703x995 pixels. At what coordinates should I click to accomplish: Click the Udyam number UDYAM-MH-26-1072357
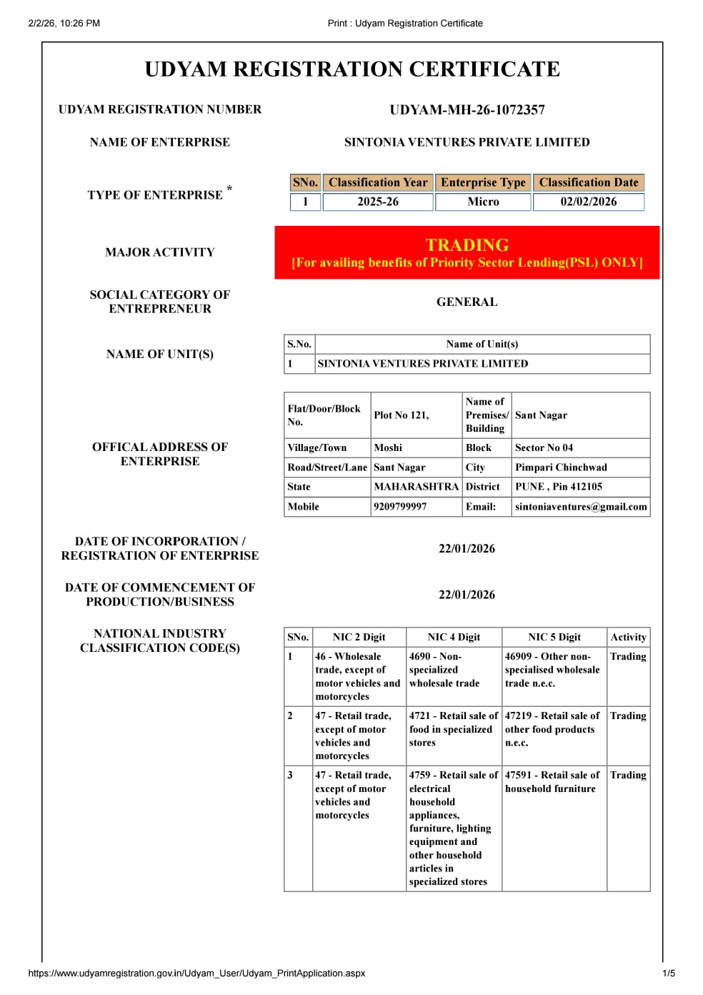tap(467, 110)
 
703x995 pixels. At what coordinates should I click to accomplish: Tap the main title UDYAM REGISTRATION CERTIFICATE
tap(352, 69)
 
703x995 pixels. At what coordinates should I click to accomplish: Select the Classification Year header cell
tap(378, 182)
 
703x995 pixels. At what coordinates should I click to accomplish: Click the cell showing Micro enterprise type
tap(483, 202)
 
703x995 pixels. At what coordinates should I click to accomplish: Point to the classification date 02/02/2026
tap(588, 202)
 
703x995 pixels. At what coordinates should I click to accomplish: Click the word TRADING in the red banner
tap(467, 245)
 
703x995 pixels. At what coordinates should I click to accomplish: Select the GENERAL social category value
tap(467, 302)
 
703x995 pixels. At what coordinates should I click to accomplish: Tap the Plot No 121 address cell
tap(402, 415)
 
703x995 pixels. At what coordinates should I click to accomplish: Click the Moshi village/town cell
tap(388, 447)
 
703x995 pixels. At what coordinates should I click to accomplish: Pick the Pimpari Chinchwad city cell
tap(561, 467)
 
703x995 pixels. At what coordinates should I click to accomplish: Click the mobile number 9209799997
tap(400, 507)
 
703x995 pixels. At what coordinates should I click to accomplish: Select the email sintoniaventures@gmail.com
tap(581, 507)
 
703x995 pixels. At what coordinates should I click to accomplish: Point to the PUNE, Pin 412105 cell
tap(559, 487)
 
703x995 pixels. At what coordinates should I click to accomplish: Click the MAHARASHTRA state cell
tap(416, 487)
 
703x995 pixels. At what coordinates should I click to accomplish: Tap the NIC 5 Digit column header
tap(554, 637)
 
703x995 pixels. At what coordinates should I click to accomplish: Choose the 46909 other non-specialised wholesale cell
tap(552, 670)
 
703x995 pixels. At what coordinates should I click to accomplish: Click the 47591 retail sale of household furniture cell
tap(552, 782)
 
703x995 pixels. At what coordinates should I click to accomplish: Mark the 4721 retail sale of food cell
tap(453, 729)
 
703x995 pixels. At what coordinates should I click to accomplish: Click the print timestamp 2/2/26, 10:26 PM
tap(64, 23)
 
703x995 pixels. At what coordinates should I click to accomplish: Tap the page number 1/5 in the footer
tap(669, 973)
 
